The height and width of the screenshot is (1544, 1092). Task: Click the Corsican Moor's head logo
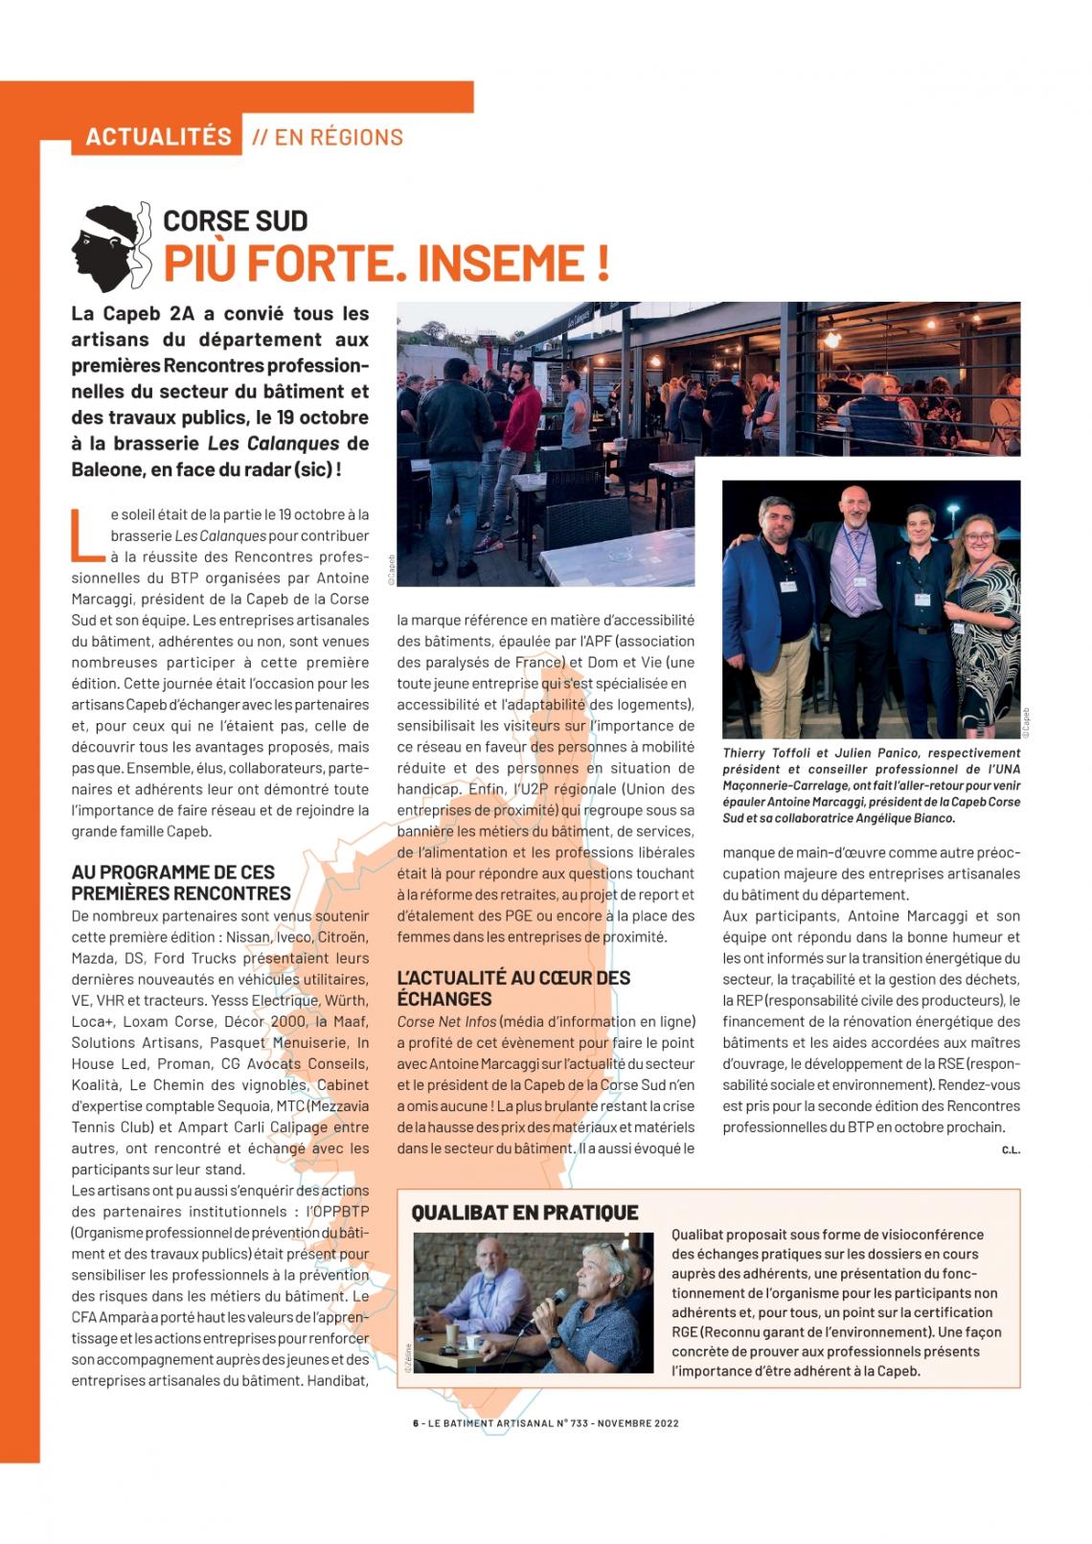110,246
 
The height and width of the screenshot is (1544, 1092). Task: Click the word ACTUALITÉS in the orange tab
158,137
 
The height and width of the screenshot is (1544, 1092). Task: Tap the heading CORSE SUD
235,221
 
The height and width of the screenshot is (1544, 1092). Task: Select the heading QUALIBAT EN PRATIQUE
524,1213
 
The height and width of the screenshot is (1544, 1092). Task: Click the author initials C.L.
1011,1149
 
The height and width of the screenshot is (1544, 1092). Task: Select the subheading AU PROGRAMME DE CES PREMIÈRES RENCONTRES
181,882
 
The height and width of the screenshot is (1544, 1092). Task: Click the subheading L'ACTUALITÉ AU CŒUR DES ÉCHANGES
513,988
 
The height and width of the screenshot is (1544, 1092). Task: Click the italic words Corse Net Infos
446,1021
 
